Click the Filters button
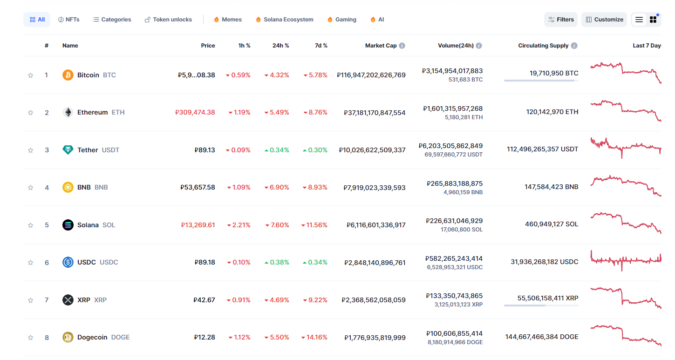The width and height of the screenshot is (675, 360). pyautogui.click(x=561, y=20)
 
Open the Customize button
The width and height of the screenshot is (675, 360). pyautogui.click(x=604, y=20)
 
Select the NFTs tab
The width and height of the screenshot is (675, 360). pyautogui.click(x=68, y=20)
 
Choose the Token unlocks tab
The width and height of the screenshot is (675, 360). pyautogui.click(x=168, y=20)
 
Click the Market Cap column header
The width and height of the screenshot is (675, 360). pyautogui.click(x=381, y=46)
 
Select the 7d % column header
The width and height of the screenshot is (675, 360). pyautogui.click(x=321, y=46)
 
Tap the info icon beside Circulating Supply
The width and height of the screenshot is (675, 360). pyautogui.click(x=574, y=46)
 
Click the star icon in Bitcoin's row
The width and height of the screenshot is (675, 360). pyautogui.click(x=31, y=75)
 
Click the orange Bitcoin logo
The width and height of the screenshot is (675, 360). pyautogui.click(x=68, y=75)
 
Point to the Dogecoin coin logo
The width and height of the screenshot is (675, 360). pyautogui.click(x=68, y=337)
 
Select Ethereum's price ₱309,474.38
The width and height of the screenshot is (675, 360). pyautogui.click(x=195, y=112)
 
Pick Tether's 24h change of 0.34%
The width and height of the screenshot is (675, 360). pyautogui.click(x=277, y=150)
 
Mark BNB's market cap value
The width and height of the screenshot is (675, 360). pyautogui.click(x=375, y=187)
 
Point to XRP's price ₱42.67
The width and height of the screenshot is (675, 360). pyautogui.click(x=205, y=300)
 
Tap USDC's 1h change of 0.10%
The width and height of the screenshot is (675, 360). pyautogui.click(x=239, y=262)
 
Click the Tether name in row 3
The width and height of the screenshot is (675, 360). pyautogui.click(x=88, y=150)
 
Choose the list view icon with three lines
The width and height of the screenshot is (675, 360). pyautogui.click(x=639, y=20)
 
